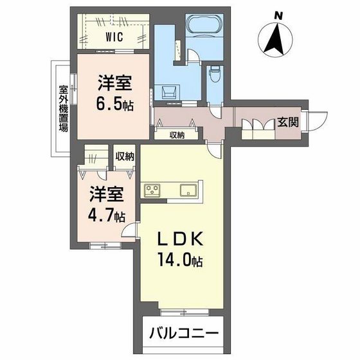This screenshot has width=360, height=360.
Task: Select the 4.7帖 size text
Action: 107,215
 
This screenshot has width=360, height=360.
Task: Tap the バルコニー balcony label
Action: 184,335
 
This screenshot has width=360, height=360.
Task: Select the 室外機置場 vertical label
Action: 64,108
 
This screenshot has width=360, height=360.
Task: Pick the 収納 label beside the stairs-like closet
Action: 125,156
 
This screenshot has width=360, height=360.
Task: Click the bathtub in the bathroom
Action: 204,28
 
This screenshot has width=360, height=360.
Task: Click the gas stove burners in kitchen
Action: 153,190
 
